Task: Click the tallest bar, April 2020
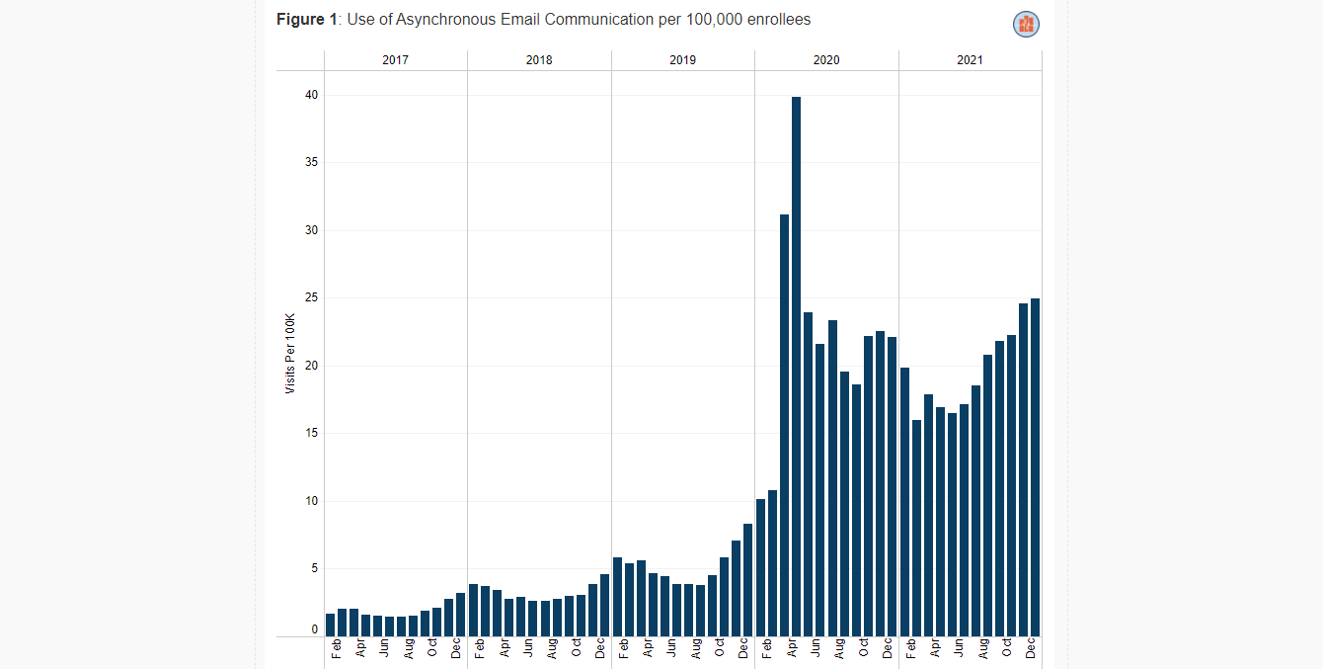(796, 366)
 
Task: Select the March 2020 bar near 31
(784, 425)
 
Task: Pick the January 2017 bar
(331, 625)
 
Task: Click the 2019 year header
(682, 60)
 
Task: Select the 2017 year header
(395, 60)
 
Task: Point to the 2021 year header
(970, 60)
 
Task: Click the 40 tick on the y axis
(311, 95)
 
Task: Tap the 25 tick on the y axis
(311, 297)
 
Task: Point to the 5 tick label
(314, 568)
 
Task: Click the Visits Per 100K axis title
(290, 354)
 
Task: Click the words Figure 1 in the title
(307, 20)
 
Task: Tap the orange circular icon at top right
(1026, 25)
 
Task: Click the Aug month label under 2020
(839, 649)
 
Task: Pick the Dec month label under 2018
(600, 649)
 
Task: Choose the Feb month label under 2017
(338, 649)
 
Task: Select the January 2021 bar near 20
(904, 501)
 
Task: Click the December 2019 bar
(748, 579)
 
